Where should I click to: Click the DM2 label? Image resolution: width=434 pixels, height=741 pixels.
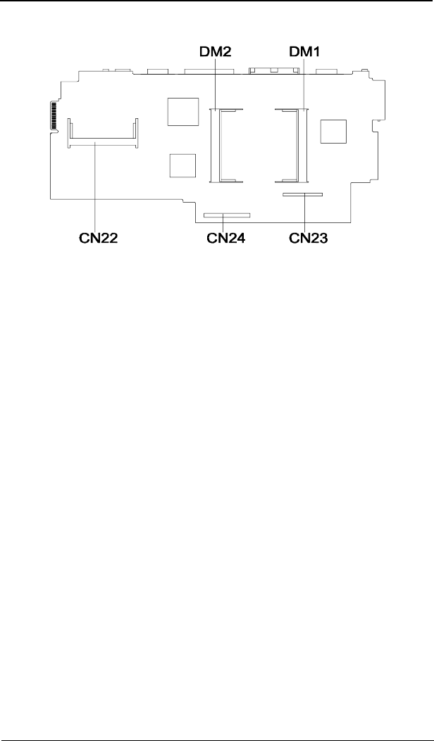coord(216,51)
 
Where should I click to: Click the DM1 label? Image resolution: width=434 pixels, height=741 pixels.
coord(304,51)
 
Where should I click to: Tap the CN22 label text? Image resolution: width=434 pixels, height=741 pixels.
coord(97,239)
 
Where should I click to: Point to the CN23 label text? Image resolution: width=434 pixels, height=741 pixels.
coord(309,239)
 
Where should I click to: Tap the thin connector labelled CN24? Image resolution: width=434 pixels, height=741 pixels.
coord(225,215)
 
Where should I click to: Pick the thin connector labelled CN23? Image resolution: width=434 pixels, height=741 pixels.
coord(302,196)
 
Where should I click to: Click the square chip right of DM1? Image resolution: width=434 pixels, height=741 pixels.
coord(333,132)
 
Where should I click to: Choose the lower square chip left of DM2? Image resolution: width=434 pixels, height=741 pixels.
coord(182,165)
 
